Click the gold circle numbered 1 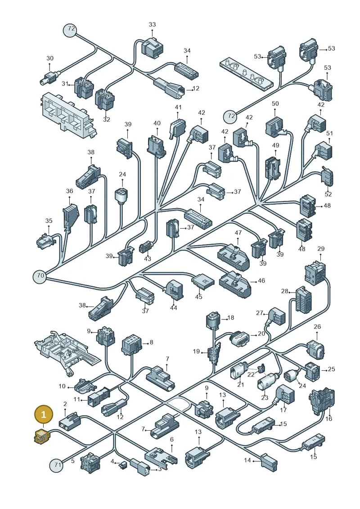point(43,414)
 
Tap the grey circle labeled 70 point(40,276)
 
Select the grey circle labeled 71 point(57,465)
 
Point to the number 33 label point(152,24)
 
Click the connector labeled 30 point(49,77)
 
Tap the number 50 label point(275,104)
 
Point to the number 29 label point(321,249)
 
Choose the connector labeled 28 point(303,300)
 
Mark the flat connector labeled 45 point(203,280)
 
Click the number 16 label point(329,419)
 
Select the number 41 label point(178,107)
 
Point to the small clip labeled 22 point(260,369)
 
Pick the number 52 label point(328,194)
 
